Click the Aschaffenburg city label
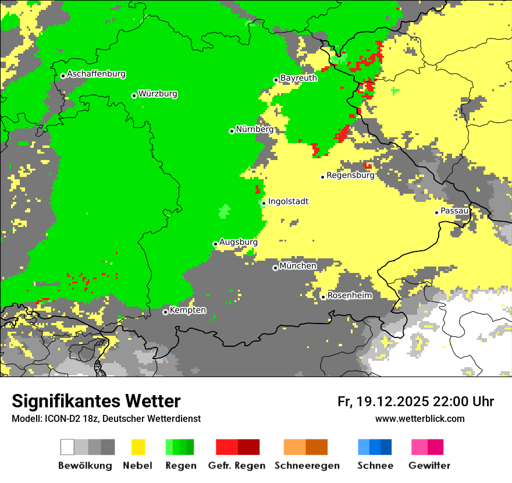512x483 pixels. tap(96, 74)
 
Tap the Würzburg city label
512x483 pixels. tap(158, 94)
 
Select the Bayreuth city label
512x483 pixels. tap(298, 78)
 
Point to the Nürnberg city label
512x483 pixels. tap(254, 130)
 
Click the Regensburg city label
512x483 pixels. tap(350, 175)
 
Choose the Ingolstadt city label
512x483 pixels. tap(288, 202)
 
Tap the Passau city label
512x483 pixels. tap(454, 211)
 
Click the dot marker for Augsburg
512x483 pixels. tap(215, 244)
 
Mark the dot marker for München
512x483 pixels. tap(275, 268)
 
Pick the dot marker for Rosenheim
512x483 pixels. tap(323, 297)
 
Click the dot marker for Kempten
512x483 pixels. tap(165, 312)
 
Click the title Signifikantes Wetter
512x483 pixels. tap(96, 402)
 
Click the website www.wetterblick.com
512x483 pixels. tap(419, 418)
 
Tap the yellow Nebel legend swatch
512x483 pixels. tap(138, 447)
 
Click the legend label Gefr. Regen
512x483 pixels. tap(237, 466)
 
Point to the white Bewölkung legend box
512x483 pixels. tap(67, 447)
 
